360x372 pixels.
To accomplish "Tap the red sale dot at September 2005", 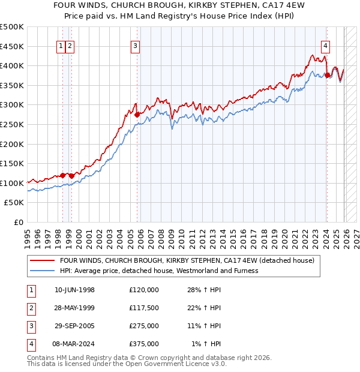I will (137, 114).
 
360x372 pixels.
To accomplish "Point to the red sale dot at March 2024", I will (327, 75).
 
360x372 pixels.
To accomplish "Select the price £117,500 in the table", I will (144, 308).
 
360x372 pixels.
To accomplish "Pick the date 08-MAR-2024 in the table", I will (75, 344).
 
